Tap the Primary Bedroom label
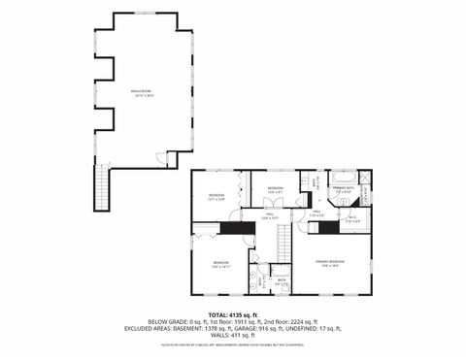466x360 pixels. (328, 262)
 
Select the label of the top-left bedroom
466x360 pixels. (216, 197)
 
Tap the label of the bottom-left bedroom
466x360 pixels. (221, 263)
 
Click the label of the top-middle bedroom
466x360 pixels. (275, 189)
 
